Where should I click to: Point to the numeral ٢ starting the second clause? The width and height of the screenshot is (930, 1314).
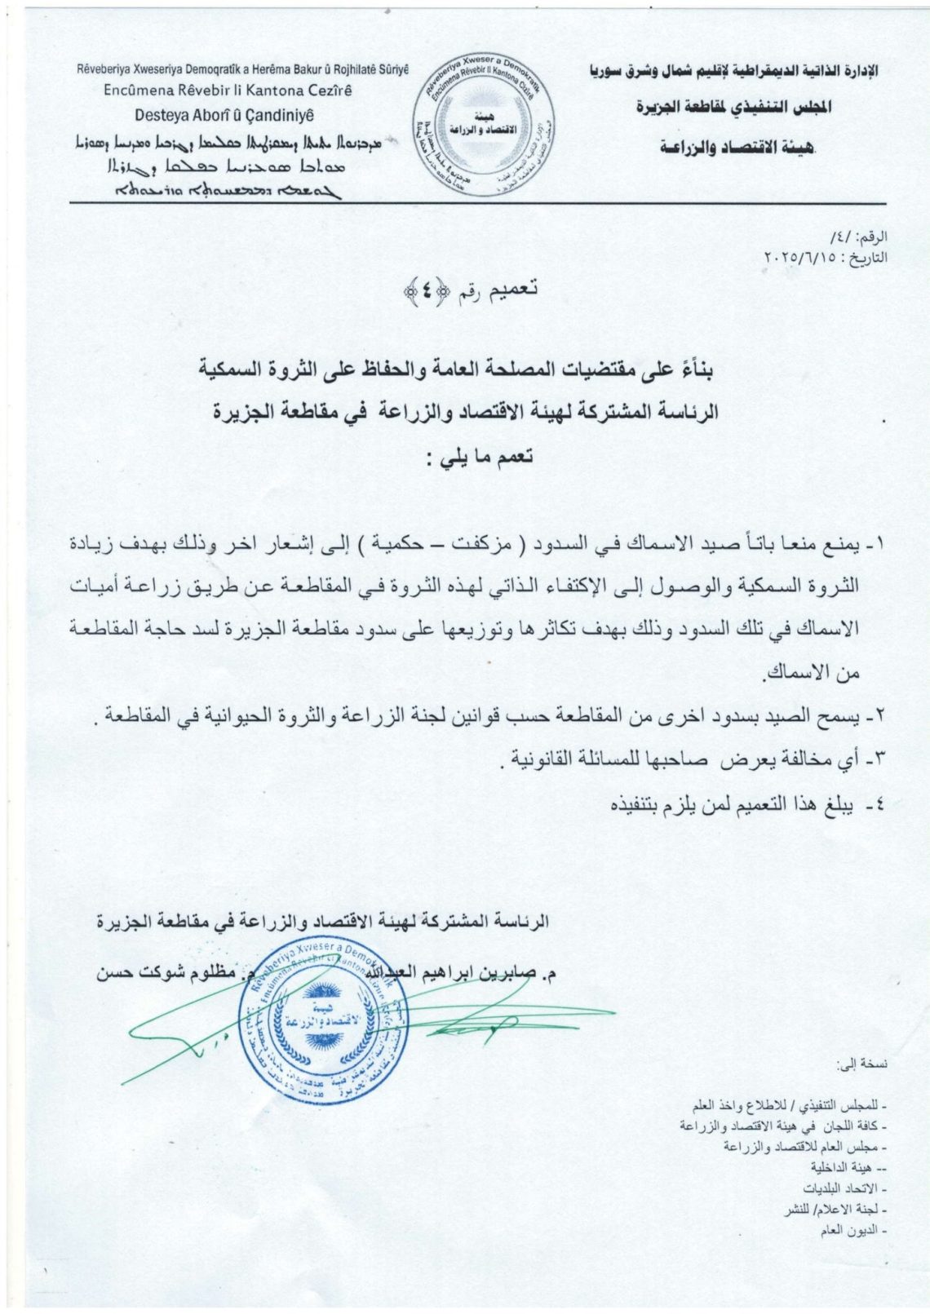[878, 717]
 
